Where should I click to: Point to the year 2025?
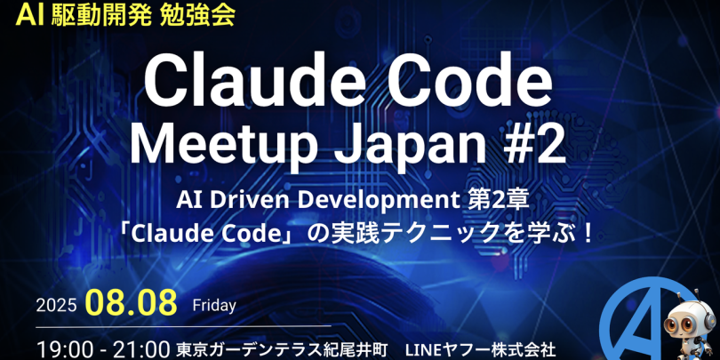coord(56,306)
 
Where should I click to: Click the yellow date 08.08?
coord(132,302)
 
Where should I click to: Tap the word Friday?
coord(214,306)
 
